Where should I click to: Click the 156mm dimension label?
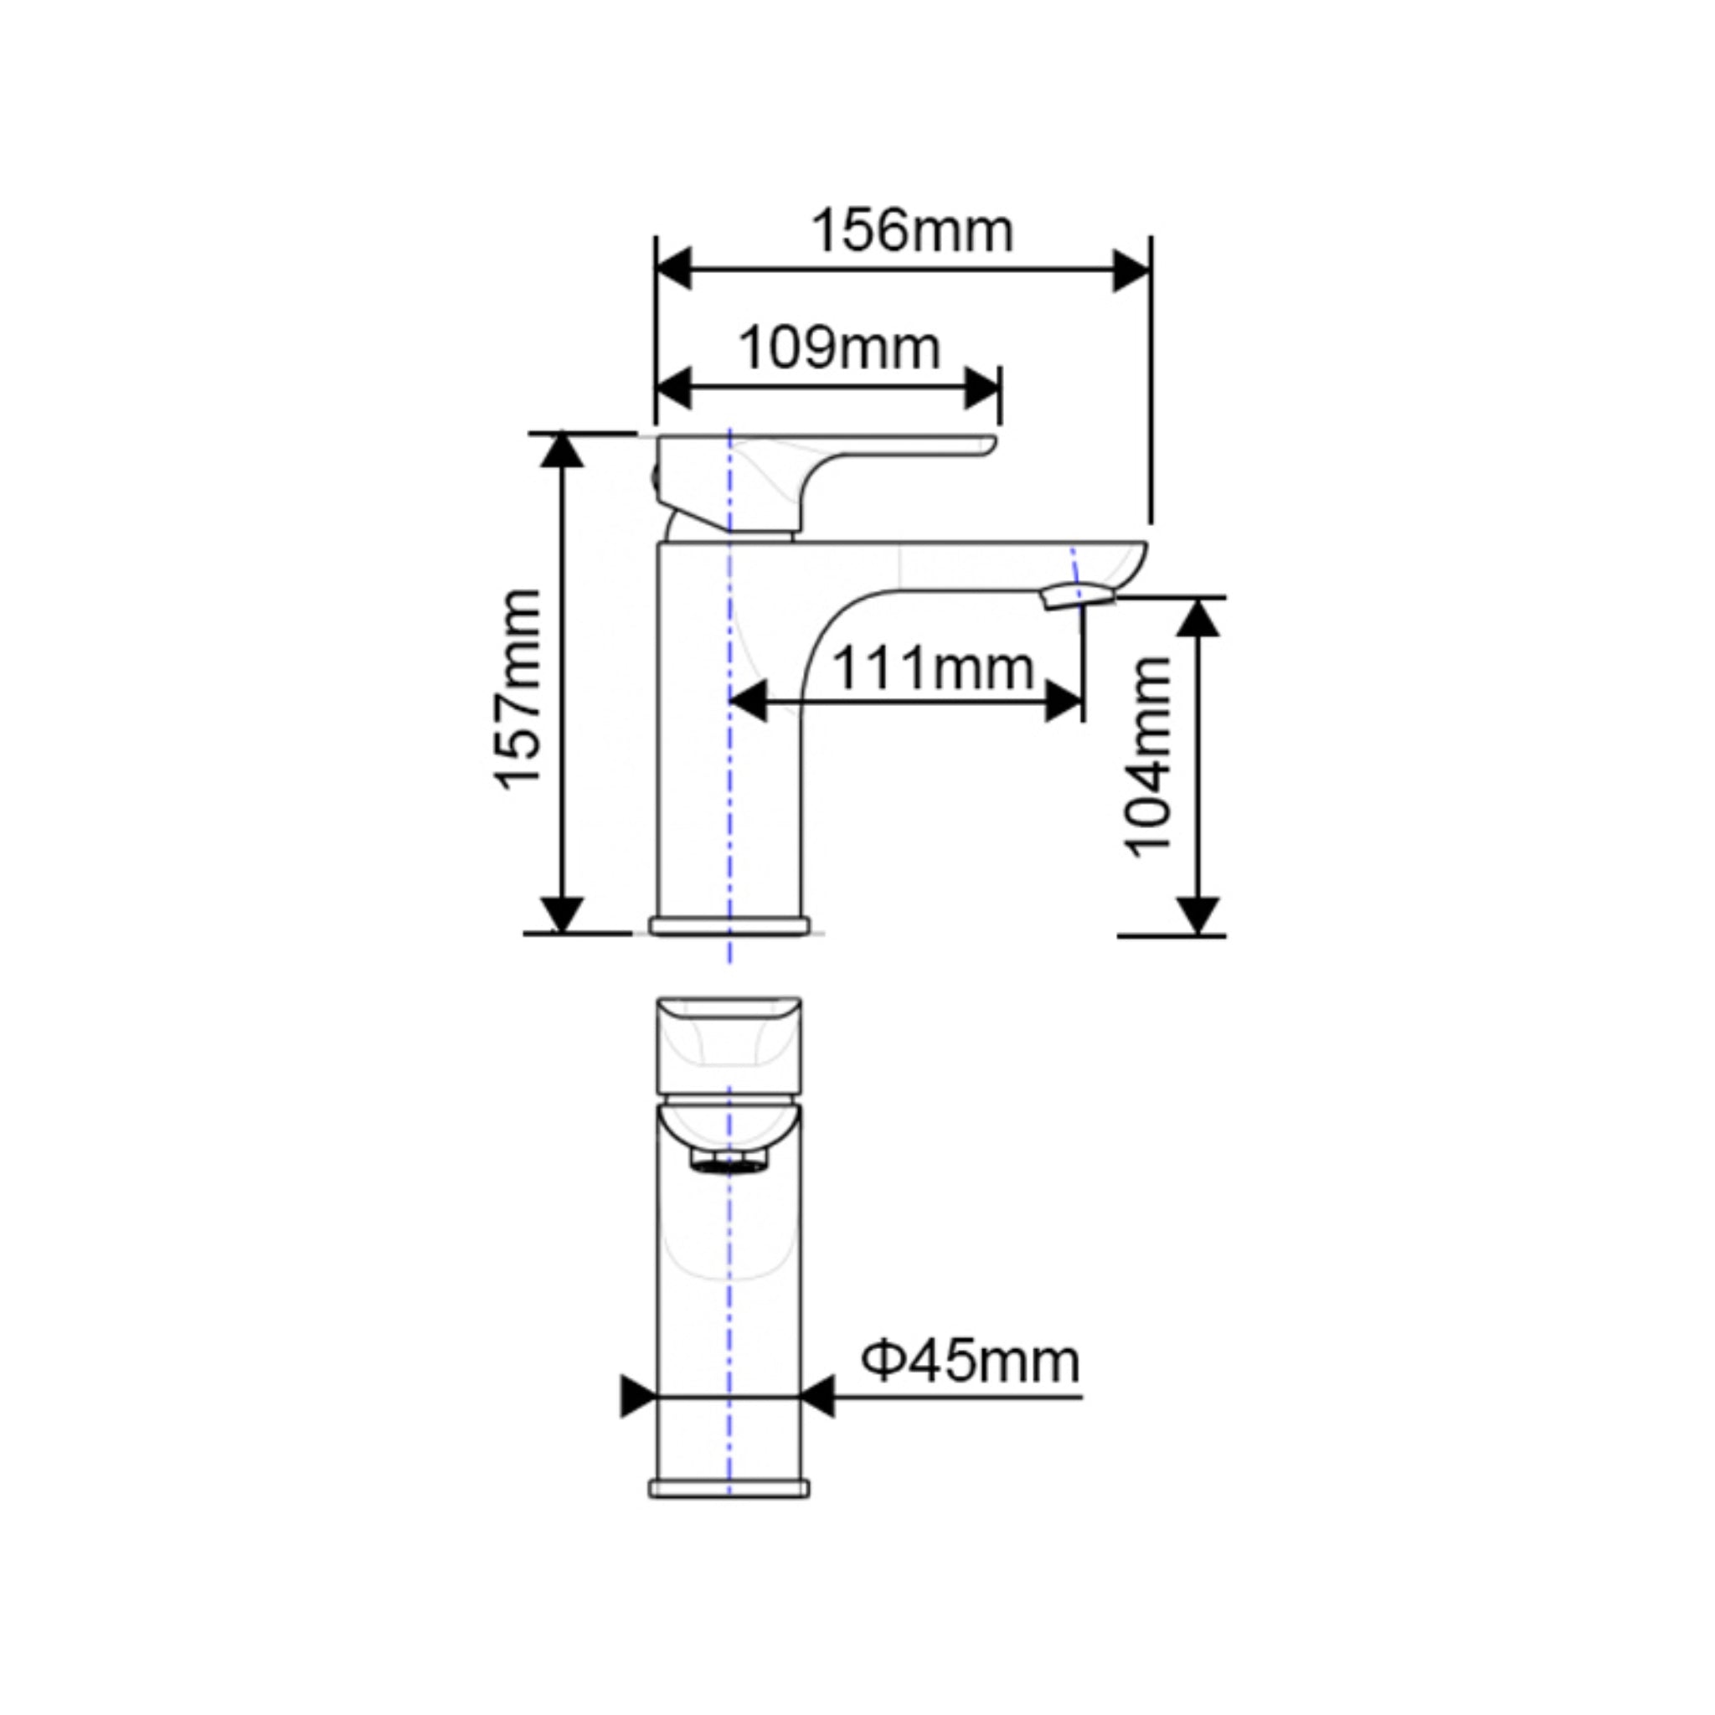pos(912,232)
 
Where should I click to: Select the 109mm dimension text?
pos(839,348)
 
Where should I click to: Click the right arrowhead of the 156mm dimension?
pos(1132,270)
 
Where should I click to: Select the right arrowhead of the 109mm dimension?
pos(982,389)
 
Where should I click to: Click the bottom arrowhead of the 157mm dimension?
pos(562,914)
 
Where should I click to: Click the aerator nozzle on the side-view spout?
pos(1079,597)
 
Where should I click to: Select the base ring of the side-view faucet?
pos(729,926)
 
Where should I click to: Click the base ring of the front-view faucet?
pos(729,1489)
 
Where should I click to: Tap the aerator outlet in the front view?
pos(729,1160)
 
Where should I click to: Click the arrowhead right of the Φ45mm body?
pos(817,1421)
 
